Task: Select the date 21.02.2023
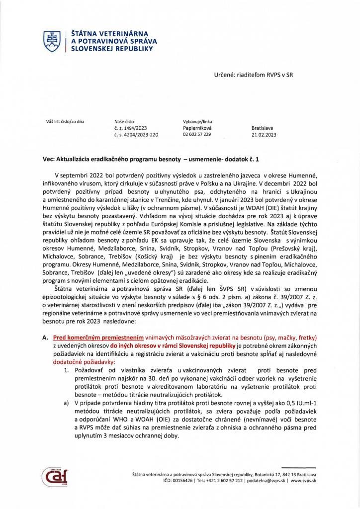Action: coord(264,134)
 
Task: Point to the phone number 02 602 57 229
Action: coord(197,134)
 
